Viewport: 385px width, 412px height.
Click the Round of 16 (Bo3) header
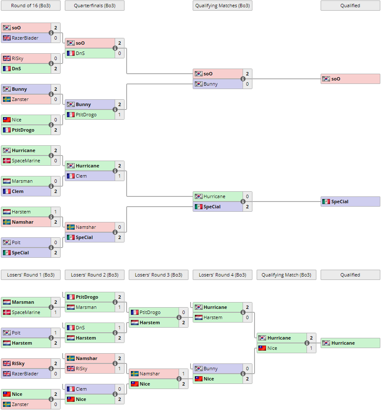tap(31, 6)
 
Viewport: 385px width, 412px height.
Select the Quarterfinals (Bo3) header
tap(95, 6)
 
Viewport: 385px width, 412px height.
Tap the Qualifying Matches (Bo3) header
tap(222, 6)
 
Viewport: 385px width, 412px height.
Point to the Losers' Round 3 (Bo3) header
tap(159, 275)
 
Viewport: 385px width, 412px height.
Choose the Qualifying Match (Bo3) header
tap(286, 275)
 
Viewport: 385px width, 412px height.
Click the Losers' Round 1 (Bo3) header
tap(31, 275)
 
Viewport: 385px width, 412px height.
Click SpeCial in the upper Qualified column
tap(340, 202)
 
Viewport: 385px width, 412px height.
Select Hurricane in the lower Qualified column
tap(343, 343)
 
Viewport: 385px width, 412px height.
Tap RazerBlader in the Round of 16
tap(25, 38)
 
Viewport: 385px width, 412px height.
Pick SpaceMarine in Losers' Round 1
tap(26, 312)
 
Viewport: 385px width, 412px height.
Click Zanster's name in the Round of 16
tap(20, 99)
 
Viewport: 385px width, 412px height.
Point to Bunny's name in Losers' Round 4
tap(211, 369)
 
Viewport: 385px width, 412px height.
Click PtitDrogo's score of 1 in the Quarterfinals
tap(119, 115)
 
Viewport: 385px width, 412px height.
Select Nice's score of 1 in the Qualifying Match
tap(311, 348)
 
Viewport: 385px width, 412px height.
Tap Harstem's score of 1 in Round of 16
tap(55, 212)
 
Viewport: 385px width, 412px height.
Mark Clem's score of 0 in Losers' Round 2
tap(119, 389)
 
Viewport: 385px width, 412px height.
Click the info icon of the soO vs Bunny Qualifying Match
tap(243, 79)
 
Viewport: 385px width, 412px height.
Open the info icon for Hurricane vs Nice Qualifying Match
tap(307, 343)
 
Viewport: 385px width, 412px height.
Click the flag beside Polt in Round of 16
tap(7, 242)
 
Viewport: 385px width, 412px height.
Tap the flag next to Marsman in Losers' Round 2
tap(71, 307)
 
